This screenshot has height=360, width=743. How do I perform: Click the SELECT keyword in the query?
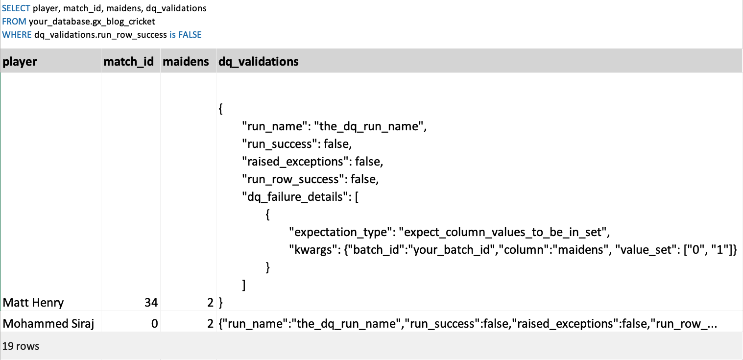pos(17,9)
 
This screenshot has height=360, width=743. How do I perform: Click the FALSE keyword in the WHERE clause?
pos(190,35)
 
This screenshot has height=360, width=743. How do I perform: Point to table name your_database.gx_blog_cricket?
pos(92,22)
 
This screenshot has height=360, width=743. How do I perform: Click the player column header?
pos(20,62)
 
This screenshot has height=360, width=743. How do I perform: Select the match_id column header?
pos(128,62)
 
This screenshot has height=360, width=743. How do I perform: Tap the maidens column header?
pos(186,62)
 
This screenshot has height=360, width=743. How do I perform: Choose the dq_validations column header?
pos(258,62)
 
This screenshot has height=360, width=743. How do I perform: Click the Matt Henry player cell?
pos(33,303)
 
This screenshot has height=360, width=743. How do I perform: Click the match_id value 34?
pos(151,303)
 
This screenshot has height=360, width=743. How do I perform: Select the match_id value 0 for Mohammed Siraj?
pos(154,324)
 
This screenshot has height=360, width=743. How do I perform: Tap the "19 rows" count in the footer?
pos(21,346)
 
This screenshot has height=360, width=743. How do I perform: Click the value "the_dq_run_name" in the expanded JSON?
pos(371,126)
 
